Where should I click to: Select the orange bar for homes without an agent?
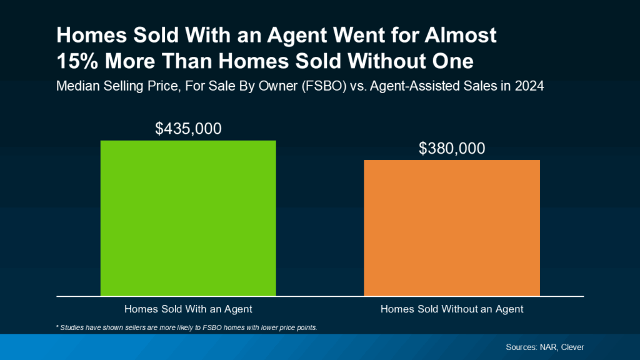[x=452, y=227]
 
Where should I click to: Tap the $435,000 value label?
[x=188, y=129]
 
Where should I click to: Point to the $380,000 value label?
[x=452, y=149]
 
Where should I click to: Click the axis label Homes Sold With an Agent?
[x=188, y=309]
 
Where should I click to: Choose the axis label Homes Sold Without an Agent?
[x=452, y=309]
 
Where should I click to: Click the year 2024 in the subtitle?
[x=529, y=87]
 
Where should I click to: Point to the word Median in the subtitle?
[x=77, y=87]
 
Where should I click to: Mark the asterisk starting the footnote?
[x=57, y=327]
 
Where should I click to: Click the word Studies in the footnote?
[x=74, y=327]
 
